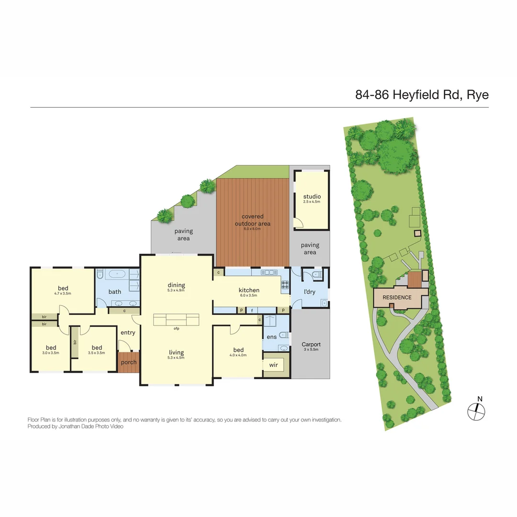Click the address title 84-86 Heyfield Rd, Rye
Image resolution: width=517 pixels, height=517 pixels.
coord(421,94)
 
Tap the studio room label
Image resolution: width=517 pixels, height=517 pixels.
coord(312,197)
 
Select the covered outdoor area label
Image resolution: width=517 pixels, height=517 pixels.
coord(252,220)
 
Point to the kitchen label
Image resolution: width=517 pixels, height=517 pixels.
coord(249,290)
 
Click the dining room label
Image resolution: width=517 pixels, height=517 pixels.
coord(176,285)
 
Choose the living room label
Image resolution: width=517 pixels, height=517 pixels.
coord(176,353)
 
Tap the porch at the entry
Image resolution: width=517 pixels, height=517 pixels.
coord(128,362)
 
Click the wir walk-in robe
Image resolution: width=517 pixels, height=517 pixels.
coord(273,366)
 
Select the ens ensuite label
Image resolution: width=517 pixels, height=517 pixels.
coord(271,337)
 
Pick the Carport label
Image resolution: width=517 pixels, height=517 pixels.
coord(311,345)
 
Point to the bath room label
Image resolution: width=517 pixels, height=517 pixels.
coord(115,292)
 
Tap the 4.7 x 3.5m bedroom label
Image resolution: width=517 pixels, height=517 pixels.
coord(63,289)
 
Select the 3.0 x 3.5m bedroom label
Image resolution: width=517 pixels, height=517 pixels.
coord(51,348)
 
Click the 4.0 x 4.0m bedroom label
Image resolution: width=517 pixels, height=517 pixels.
coord(238,350)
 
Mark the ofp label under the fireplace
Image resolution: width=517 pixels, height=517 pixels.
coord(176,329)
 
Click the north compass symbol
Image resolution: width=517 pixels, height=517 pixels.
coord(476,409)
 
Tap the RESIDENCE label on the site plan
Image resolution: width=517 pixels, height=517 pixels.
coord(397,297)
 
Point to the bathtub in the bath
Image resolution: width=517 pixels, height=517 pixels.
coord(116,274)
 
